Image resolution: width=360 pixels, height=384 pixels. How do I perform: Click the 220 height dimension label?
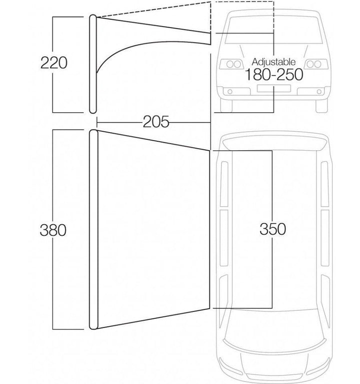pos(54,63)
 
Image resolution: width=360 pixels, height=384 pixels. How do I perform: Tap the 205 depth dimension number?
pos(156,122)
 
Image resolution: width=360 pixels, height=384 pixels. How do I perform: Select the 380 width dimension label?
pos(53,230)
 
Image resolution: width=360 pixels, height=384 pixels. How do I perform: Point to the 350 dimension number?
pos(272,229)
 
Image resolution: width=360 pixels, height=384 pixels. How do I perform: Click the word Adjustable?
pos(273,62)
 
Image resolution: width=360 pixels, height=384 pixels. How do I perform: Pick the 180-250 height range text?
pos(273,75)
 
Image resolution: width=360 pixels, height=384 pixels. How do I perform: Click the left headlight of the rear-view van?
pos(232,64)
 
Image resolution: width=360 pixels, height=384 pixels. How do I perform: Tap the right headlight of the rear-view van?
pos(316,64)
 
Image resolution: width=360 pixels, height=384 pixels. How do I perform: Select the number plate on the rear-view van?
pos(273,88)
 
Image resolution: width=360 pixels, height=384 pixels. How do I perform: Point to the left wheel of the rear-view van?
pos(226,105)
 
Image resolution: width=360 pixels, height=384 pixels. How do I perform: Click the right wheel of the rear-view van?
pos(321,105)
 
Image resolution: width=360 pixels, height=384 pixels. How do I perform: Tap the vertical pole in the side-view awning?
pos(93,64)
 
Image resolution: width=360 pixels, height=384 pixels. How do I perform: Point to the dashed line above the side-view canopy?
pos(153,10)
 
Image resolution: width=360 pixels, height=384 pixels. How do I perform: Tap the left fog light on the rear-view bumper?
pos(230,92)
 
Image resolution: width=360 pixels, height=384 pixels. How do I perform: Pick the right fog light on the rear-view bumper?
pos(319,92)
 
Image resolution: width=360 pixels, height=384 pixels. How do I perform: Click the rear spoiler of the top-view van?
pos(274,143)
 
